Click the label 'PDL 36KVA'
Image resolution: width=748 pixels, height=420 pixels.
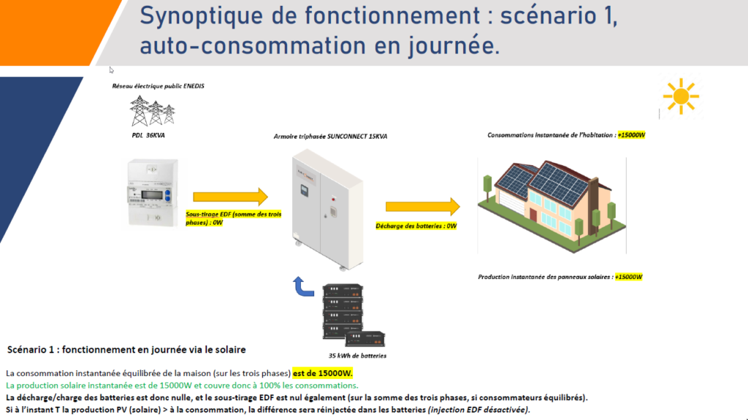click(x=142, y=136)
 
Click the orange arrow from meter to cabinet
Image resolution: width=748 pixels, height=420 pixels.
click(x=231, y=196)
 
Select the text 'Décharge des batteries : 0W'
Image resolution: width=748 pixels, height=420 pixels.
click(x=416, y=226)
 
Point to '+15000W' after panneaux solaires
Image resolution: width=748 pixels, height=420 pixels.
click(x=628, y=277)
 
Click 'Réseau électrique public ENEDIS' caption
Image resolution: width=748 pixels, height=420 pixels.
click(x=158, y=85)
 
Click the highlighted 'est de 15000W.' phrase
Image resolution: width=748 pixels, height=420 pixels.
click(x=323, y=373)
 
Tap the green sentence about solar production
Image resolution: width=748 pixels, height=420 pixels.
click(x=182, y=385)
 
